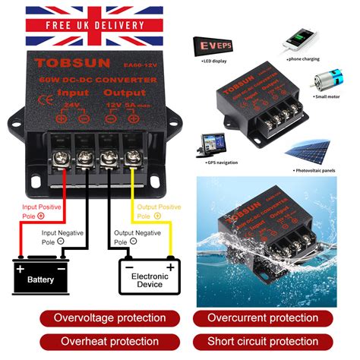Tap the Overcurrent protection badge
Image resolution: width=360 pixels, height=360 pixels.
pyautogui.click(x=273, y=317)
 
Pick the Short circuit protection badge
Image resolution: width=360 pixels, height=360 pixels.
pyautogui.click(x=273, y=342)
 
